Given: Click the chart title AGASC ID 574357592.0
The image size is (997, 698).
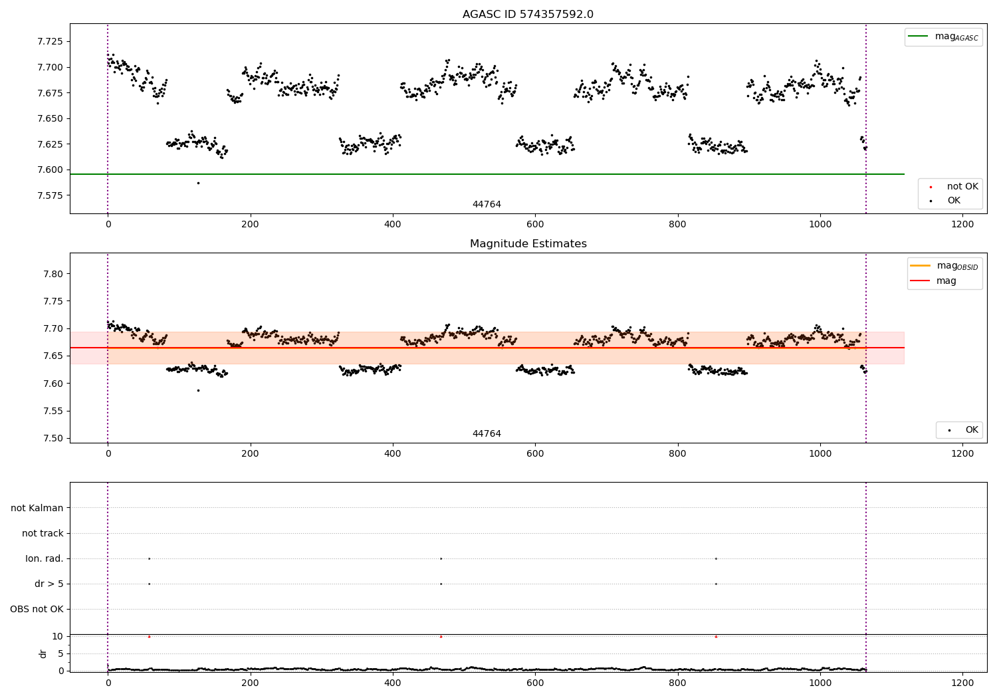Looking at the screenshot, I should [528, 15].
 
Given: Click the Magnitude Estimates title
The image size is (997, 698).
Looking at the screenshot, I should [528, 244].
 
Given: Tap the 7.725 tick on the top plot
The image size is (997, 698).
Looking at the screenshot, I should [50, 41].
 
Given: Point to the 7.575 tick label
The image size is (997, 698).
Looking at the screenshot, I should [50, 195].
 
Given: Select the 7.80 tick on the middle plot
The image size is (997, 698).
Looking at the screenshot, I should [53, 274].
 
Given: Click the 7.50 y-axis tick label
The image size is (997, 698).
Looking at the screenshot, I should [53, 438].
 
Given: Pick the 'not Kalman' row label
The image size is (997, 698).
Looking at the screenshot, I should [37, 508].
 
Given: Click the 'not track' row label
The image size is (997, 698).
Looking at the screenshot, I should [43, 533].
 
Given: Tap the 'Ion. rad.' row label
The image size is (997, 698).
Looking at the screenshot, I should [45, 558].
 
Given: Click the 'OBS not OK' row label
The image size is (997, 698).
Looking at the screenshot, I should [37, 609].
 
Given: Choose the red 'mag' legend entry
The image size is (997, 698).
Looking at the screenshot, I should [946, 281].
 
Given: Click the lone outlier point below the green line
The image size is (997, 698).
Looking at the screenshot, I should [198, 183].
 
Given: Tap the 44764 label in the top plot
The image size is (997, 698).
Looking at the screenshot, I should [487, 205].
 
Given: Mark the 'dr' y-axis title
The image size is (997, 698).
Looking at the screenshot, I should [43, 653].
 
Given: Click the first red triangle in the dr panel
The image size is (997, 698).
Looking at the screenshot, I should [149, 636].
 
